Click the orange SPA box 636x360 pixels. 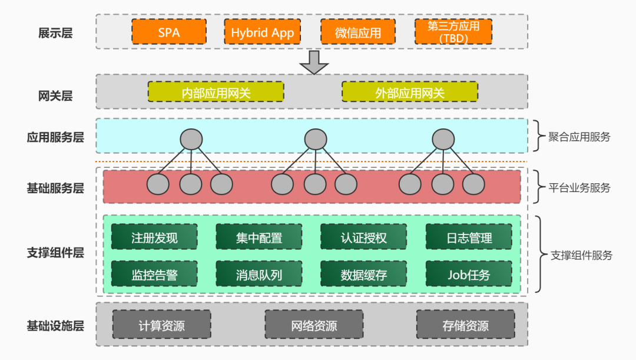[x=169, y=32]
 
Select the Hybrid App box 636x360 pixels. [x=263, y=32]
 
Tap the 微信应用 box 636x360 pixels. [x=358, y=32]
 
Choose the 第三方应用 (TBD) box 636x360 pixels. [x=453, y=32]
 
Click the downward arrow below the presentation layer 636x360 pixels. [x=314, y=62]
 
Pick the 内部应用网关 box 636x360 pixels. [x=216, y=92]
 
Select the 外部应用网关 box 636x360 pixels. [x=410, y=92]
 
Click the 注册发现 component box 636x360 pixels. [x=154, y=237]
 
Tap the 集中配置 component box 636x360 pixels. [x=259, y=237]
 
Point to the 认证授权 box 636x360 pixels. [x=363, y=237]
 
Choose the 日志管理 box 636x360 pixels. [x=469, y=237]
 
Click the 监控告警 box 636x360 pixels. [x=154, y=274]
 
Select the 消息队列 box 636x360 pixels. [x=259, y=274]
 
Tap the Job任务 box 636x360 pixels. [x=469, y=274]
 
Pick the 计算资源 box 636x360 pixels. [x=161, y=324]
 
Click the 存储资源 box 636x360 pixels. [x=466, y=324]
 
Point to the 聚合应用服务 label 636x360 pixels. [x=579, y=137]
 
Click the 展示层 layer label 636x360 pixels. [x=55, y=33]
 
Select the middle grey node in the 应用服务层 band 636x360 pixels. [x=316, y=139]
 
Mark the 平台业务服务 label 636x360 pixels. [x=579, y=187]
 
